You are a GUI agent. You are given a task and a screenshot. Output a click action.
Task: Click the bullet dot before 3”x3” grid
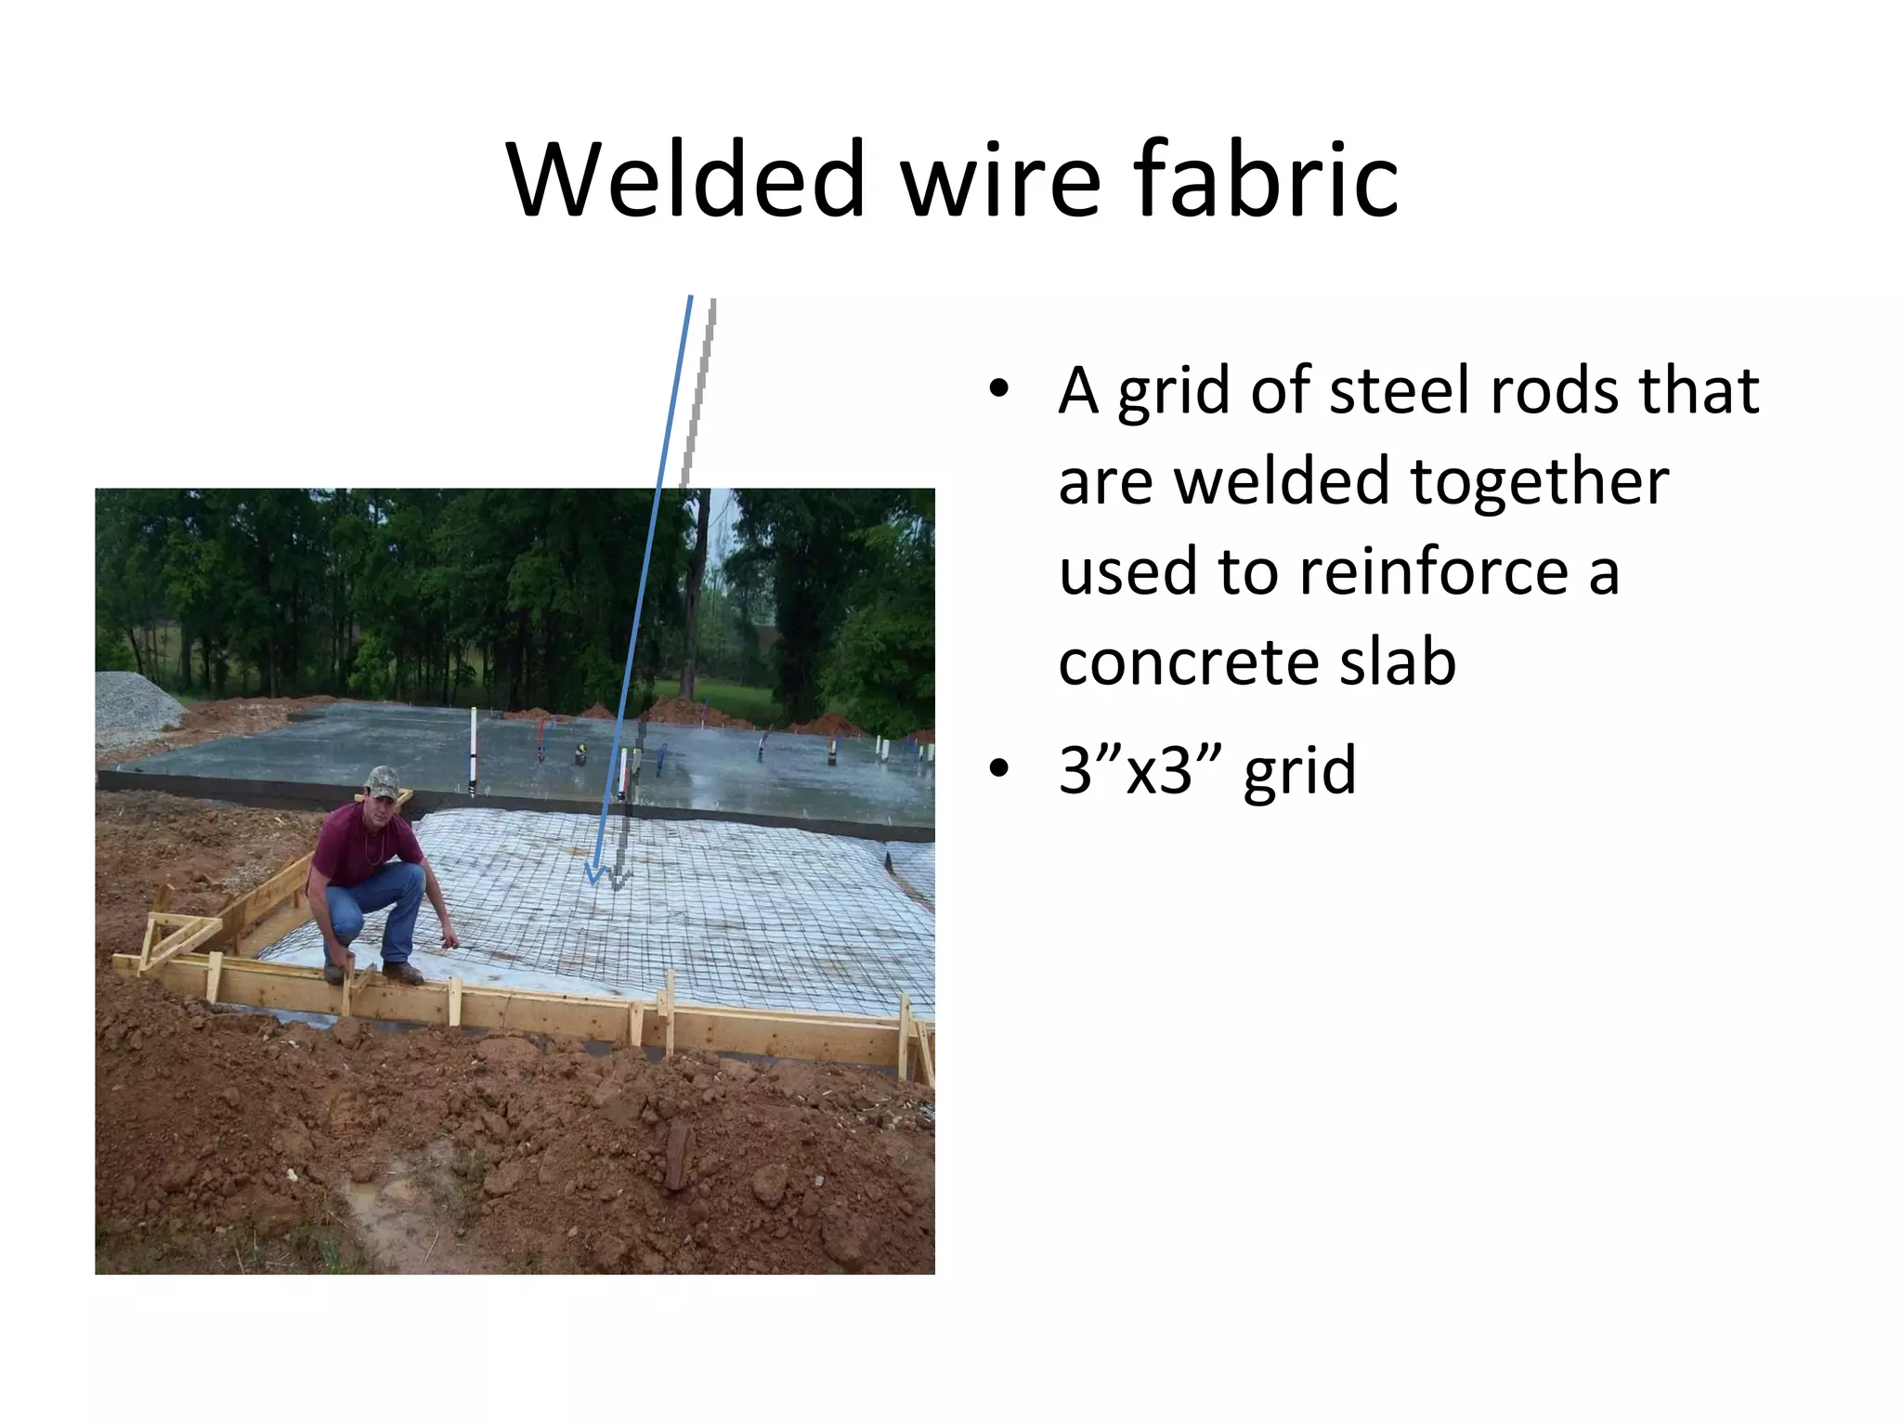click(998, 769)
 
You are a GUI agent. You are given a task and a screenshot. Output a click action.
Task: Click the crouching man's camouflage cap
click(382, 780)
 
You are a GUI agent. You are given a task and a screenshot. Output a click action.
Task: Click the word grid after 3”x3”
click(1300, 770)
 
